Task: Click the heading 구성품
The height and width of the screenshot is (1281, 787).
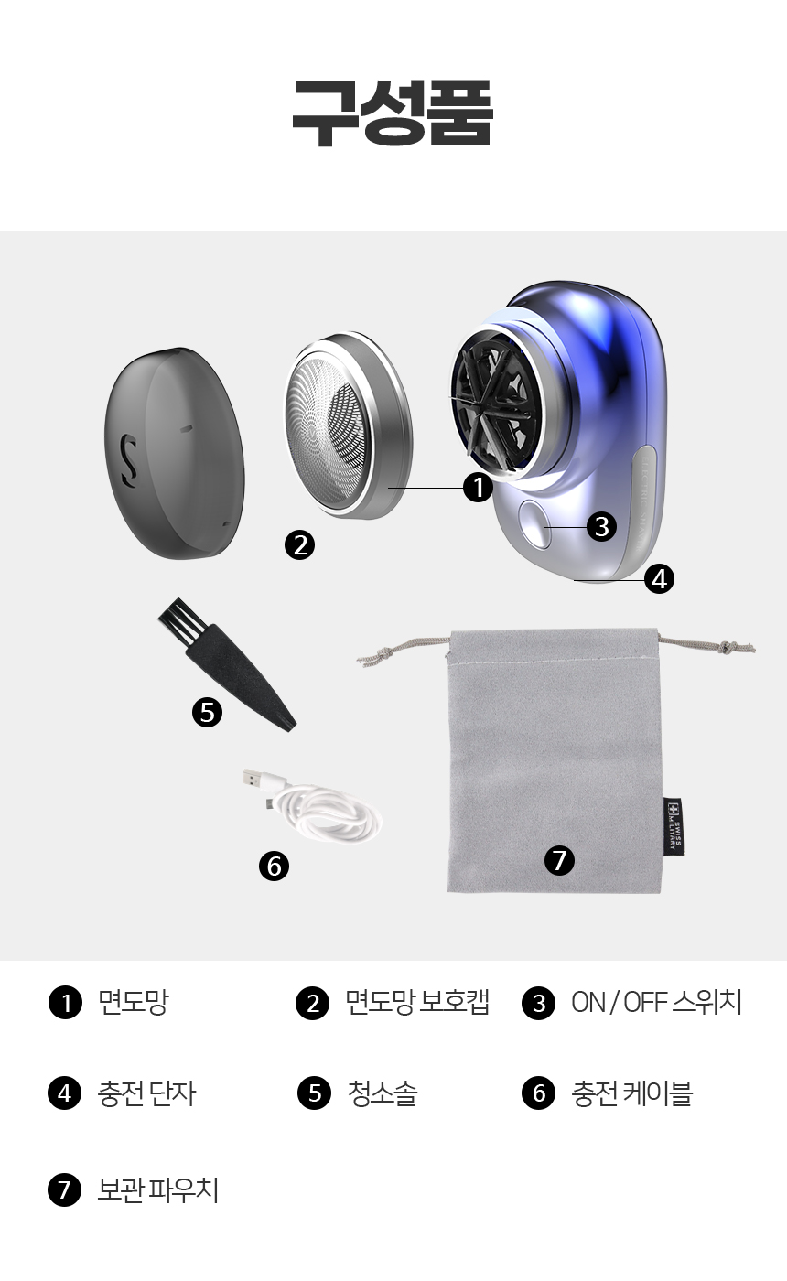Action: point(393,112)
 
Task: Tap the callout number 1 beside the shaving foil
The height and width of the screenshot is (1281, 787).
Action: point(478,488)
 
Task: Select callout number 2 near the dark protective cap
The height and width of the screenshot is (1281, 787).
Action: point(300,544)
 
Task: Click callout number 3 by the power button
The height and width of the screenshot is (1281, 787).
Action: point(602,526)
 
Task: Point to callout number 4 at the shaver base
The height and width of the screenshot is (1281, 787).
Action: point(660,578)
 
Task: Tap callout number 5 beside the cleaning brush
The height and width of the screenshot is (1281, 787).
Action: point(207,713)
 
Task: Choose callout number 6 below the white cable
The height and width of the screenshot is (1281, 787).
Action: point(274,866)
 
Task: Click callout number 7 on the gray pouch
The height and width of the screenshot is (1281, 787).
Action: point(559,860)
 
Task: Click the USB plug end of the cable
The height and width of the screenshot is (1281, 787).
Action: point(255,779)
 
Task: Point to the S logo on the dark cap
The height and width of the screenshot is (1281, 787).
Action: point(130,461)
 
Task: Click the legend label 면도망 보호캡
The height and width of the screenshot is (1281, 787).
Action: point(417,1002)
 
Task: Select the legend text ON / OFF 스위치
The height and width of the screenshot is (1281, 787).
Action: point(657,1002)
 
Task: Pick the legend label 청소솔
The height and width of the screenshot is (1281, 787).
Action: point(383,1093)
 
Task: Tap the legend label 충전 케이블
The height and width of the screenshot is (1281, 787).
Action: point(632,1093)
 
